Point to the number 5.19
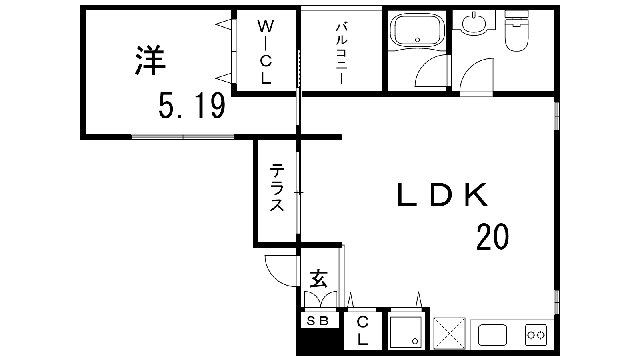pyautogui.click(x=192, y=106)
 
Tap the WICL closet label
pyautogui.click(x=266, y=52)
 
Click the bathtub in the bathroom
pyautogui.click(x=418, y=30)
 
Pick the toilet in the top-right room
pyautogui.click(x=516, y=30)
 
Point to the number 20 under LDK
pyautogui.click(x=492, y=236)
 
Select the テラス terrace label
pyautogui.click(x=277, y=188)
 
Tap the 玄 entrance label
pyautogui.click(x=318, y=278)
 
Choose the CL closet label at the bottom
pyautogui.click(x=362, y=330)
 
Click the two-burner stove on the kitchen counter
pyautogui.click(x=536, y=334)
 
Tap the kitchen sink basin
pyautogui.click(x=492, y=335)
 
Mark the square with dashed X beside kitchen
pyautogui.click(x=449, y=334)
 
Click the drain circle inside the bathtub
pyautogui.click(x=418, y=40)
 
